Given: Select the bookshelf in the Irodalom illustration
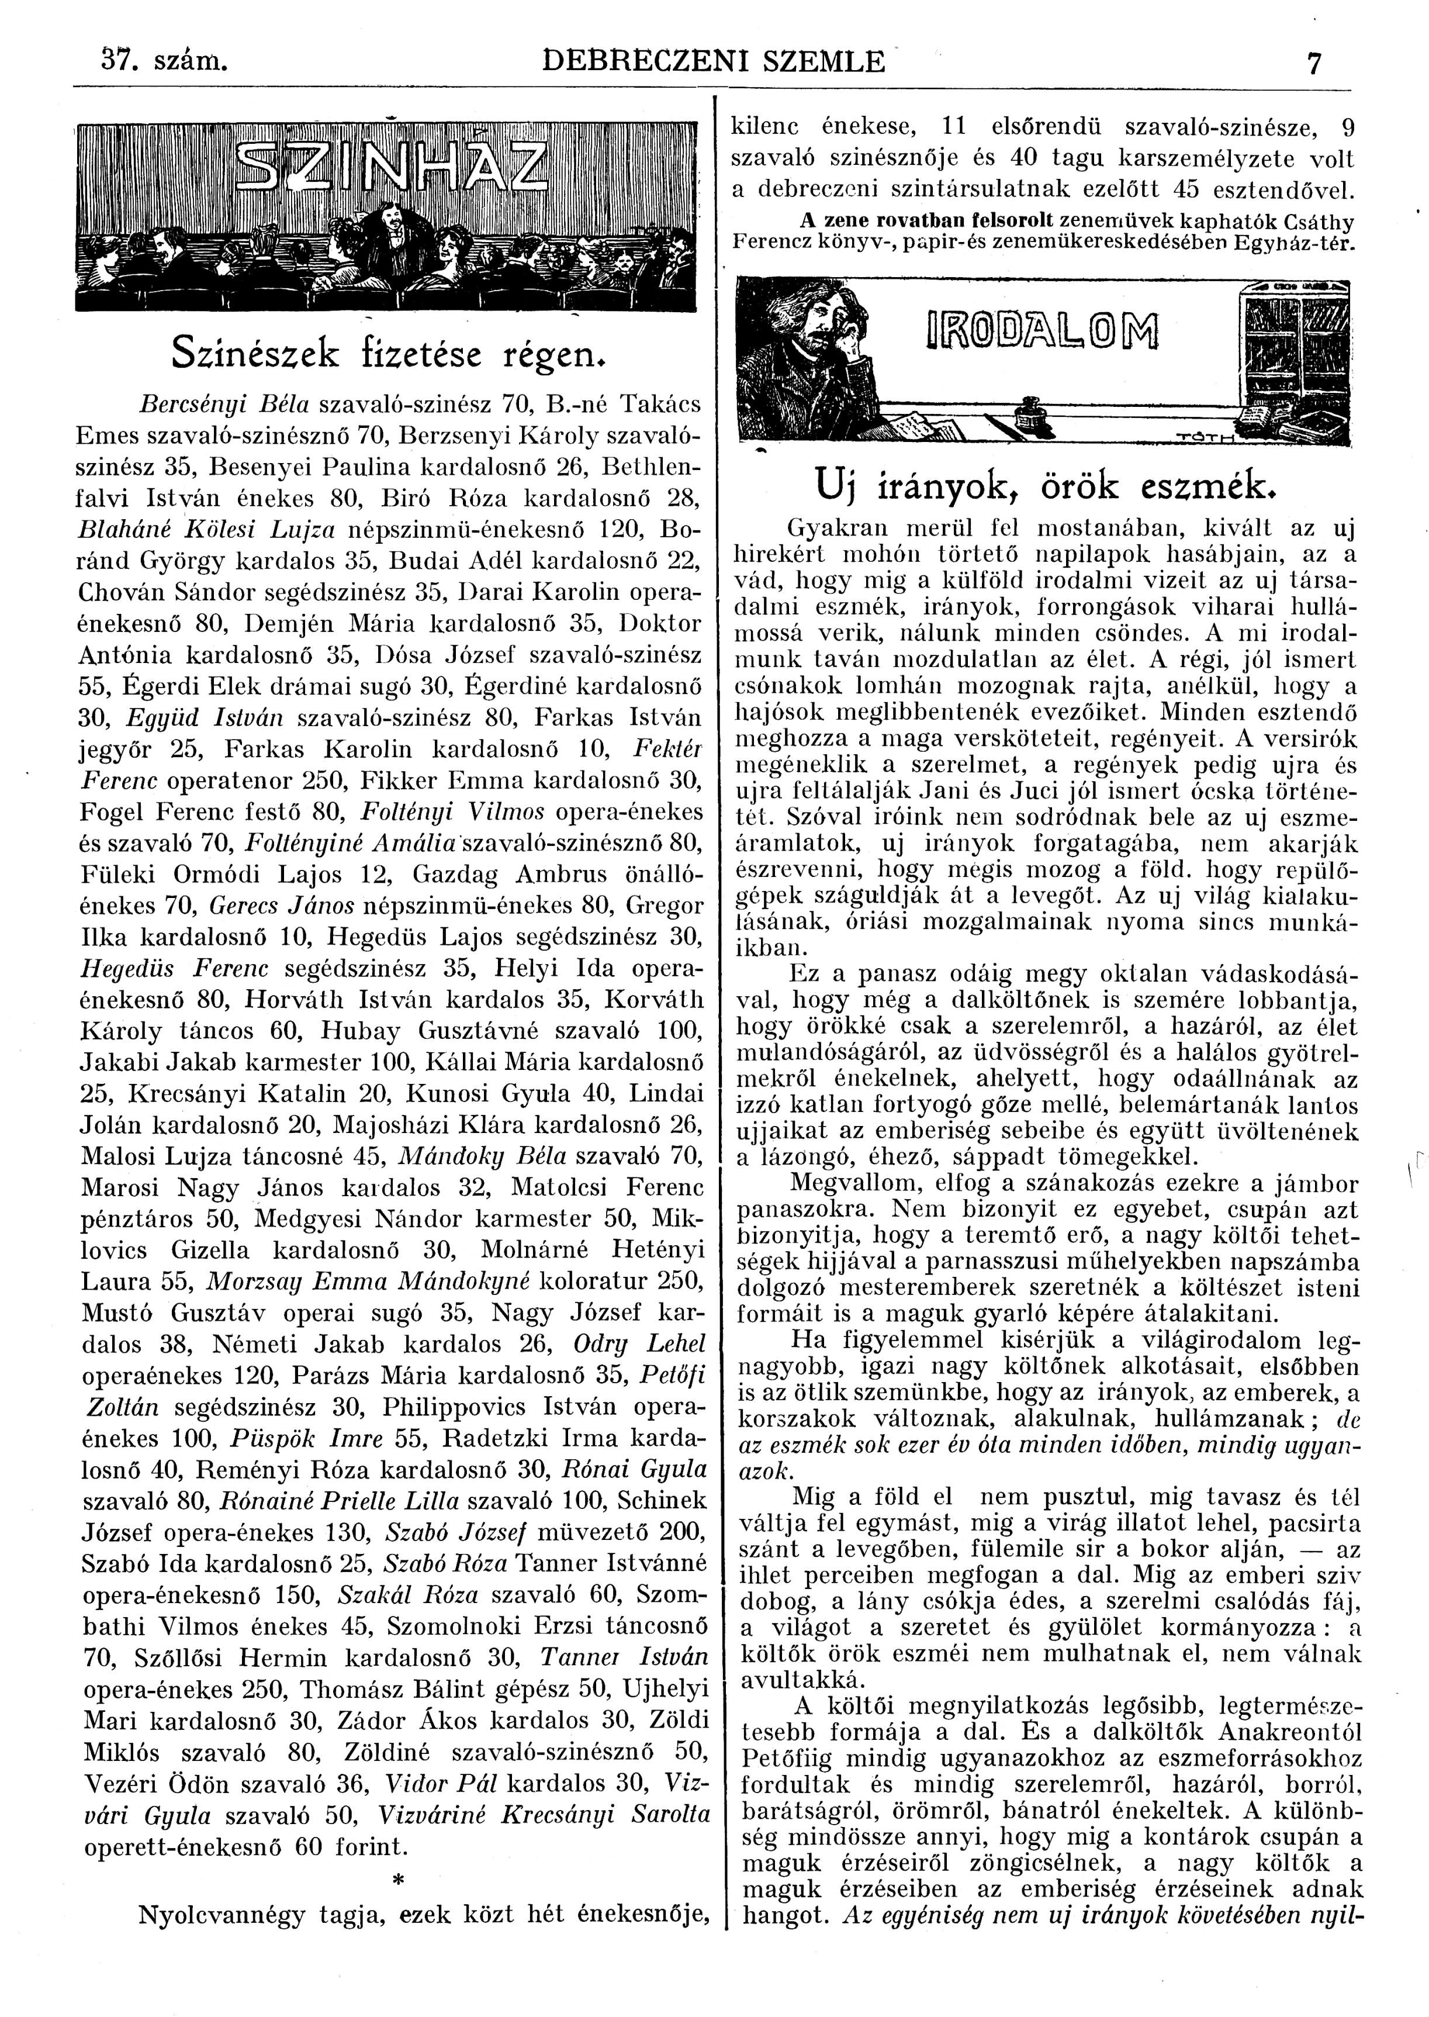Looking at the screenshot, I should pos(1290,352).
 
